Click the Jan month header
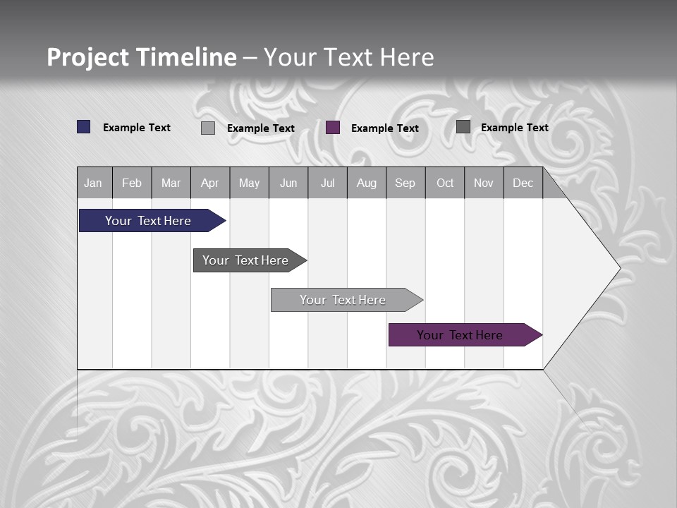tap(94, 183)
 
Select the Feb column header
tap(132, 183)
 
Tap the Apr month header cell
tap(210, 183)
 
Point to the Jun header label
tap(288, 183)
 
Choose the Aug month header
tap(367, 183)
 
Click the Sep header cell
tap(405, 183)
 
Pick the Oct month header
tap(445, 183)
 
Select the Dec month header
tap(523, 183)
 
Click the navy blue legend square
tap(84, 127)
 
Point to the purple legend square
tap(333, 128)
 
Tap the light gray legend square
tap(208, 128)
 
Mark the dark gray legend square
tap(463, 127)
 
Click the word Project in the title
tap(88, 57)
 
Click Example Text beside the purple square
tap(384, 128)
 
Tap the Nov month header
tap(484, 183)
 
